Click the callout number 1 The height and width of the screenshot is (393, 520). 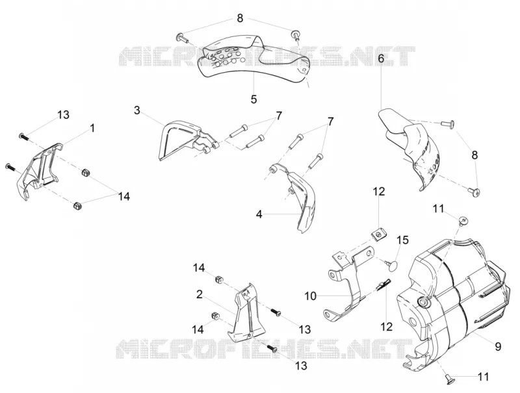coord(92,127)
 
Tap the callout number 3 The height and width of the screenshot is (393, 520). coord(137,110)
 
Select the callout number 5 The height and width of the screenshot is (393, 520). coord(253,99)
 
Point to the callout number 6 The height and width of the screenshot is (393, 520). coord(381,58)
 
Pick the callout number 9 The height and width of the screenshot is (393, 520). coord(498,347)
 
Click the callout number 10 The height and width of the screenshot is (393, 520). coord(311,296)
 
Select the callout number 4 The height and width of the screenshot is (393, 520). coord(259,214)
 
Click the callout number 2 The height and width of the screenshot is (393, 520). coord(200,294)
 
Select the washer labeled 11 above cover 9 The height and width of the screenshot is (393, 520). coord(463,220)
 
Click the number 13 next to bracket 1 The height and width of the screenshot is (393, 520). coord(63,115)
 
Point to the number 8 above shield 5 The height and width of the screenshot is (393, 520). coord(240,18)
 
